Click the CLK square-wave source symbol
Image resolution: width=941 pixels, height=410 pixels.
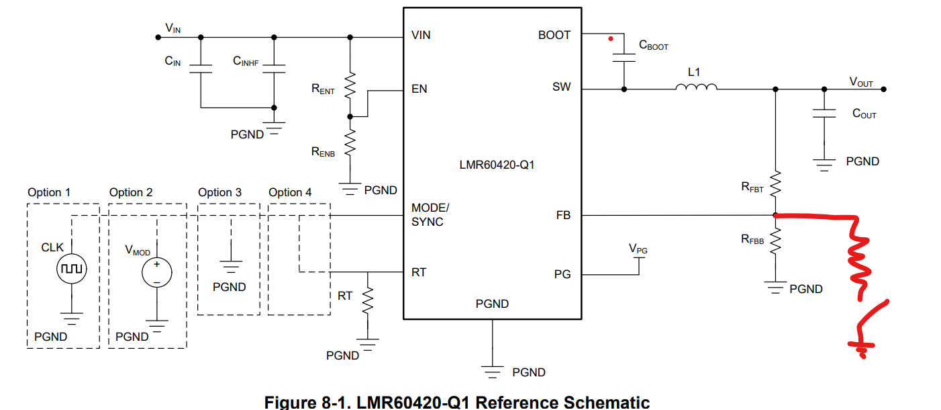[72, 268]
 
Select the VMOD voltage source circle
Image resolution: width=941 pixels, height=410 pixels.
[156, 272]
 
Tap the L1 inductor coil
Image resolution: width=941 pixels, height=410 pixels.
[696, 87]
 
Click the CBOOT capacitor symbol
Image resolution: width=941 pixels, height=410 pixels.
[624, 58]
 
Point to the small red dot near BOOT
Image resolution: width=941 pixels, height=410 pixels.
[611, 39]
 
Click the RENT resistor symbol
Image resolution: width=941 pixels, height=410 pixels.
[350, 85]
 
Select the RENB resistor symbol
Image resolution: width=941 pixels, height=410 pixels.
[350, 143]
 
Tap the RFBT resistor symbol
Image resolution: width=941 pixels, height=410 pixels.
[775, 183]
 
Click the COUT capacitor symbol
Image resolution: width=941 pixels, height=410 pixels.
[824, 114]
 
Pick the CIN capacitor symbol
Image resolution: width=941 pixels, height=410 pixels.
[201, 69]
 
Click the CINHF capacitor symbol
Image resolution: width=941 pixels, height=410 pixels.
[274, 69]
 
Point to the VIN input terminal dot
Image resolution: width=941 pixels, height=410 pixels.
[158, 38]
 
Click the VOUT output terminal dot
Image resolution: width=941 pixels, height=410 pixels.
[883, 89]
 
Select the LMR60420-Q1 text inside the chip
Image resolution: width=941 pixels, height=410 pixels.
[497, 165]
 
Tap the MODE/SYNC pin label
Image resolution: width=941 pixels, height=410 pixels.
[430, 214]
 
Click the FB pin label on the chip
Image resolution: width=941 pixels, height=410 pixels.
[563, 215]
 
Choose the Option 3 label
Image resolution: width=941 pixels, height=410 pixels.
[219, 193]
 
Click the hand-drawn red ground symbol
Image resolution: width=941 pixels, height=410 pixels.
[862, 347]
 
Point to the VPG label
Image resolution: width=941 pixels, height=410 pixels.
[638, 249]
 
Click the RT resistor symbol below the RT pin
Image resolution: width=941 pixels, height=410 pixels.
[368, 300]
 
